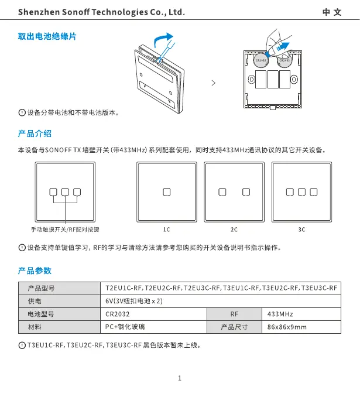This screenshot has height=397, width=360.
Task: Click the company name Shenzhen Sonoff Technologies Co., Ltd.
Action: tap(101, 12)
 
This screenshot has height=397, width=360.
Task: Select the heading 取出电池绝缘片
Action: tap(47, 37)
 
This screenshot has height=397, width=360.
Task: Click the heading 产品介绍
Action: tap(35, 134)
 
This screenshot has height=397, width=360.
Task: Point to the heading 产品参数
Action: tap(35, 271)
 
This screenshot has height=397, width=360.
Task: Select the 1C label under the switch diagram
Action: tap(167, 230)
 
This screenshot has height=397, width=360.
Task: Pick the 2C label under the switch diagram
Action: tap(234, 230)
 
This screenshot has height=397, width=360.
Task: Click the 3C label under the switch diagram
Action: tap(302, 230)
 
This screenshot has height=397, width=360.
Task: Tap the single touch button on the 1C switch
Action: tap(167, 191)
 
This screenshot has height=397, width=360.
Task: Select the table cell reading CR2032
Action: tap(116, 314)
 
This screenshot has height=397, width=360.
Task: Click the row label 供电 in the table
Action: tap(35, 301)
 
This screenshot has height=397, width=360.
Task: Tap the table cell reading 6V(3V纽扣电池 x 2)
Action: tap(133, 301)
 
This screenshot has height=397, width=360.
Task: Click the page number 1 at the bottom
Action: tap(180, 378)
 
